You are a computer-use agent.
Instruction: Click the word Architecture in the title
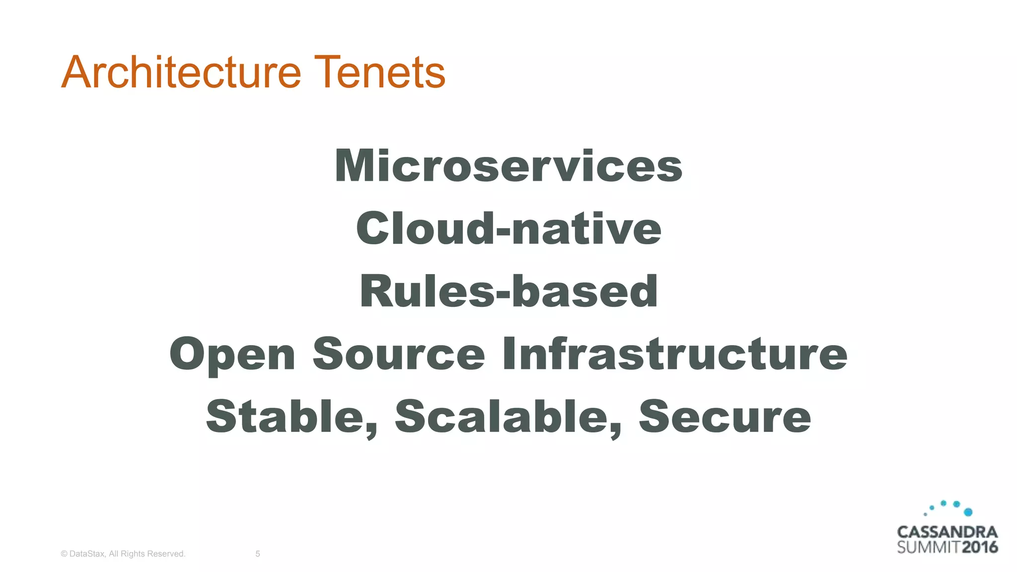[181, 72]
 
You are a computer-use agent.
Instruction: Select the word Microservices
[508, 166]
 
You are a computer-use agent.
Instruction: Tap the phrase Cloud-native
[508, 228]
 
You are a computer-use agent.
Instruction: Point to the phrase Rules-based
[508, 291]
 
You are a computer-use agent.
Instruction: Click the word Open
[232, 355]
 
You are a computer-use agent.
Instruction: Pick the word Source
[399, 354]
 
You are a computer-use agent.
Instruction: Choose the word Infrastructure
[674, 354]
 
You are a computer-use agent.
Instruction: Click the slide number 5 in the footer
[258, 554]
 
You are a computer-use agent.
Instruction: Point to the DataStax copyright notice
[123, 554]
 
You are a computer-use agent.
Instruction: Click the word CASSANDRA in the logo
[947, 532]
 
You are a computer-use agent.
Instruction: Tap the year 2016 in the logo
[979, 547]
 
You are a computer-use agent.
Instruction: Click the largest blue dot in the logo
[968, 512]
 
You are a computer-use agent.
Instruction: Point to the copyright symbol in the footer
[64, 554]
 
